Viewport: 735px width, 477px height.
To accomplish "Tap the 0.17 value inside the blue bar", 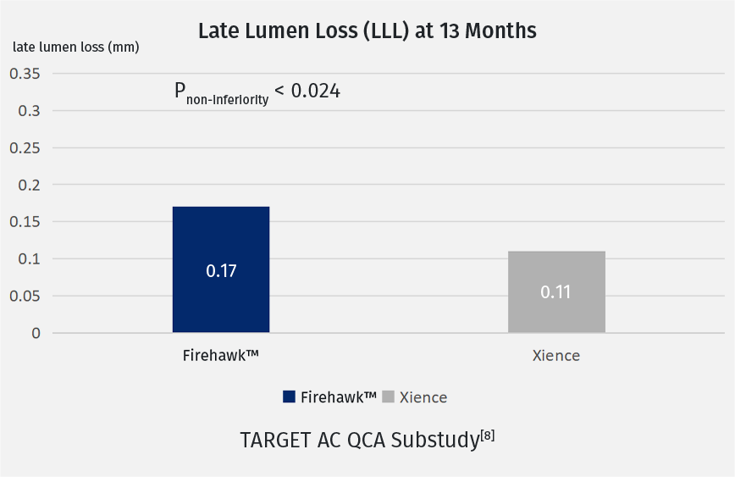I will [221, 272].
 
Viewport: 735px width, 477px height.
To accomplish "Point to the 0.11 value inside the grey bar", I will [556, 292].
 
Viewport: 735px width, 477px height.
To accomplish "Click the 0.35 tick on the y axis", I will [25, 74].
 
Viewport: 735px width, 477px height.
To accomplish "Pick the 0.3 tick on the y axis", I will [29, 111].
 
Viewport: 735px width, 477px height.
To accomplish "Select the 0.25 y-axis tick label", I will [25, 148].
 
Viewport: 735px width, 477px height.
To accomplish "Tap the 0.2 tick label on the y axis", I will [29, 185].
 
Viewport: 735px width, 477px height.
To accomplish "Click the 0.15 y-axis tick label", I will [25, 222].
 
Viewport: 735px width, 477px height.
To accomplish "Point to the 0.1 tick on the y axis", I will [29, 259].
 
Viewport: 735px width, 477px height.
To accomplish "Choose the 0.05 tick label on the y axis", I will [25, 297].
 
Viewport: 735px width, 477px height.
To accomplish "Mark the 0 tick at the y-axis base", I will [36, 333].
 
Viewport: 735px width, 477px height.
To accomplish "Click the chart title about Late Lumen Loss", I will [367, 31].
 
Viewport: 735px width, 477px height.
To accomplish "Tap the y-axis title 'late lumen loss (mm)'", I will [75, 47].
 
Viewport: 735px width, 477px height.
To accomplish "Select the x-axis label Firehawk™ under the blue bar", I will [220, 356].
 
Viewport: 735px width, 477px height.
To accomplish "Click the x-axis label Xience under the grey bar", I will [556, 356].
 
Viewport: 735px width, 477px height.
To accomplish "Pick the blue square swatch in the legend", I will [289, 397].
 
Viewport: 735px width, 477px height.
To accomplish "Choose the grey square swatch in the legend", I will [389, 397].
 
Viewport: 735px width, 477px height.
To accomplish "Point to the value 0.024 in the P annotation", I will [316, 90].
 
